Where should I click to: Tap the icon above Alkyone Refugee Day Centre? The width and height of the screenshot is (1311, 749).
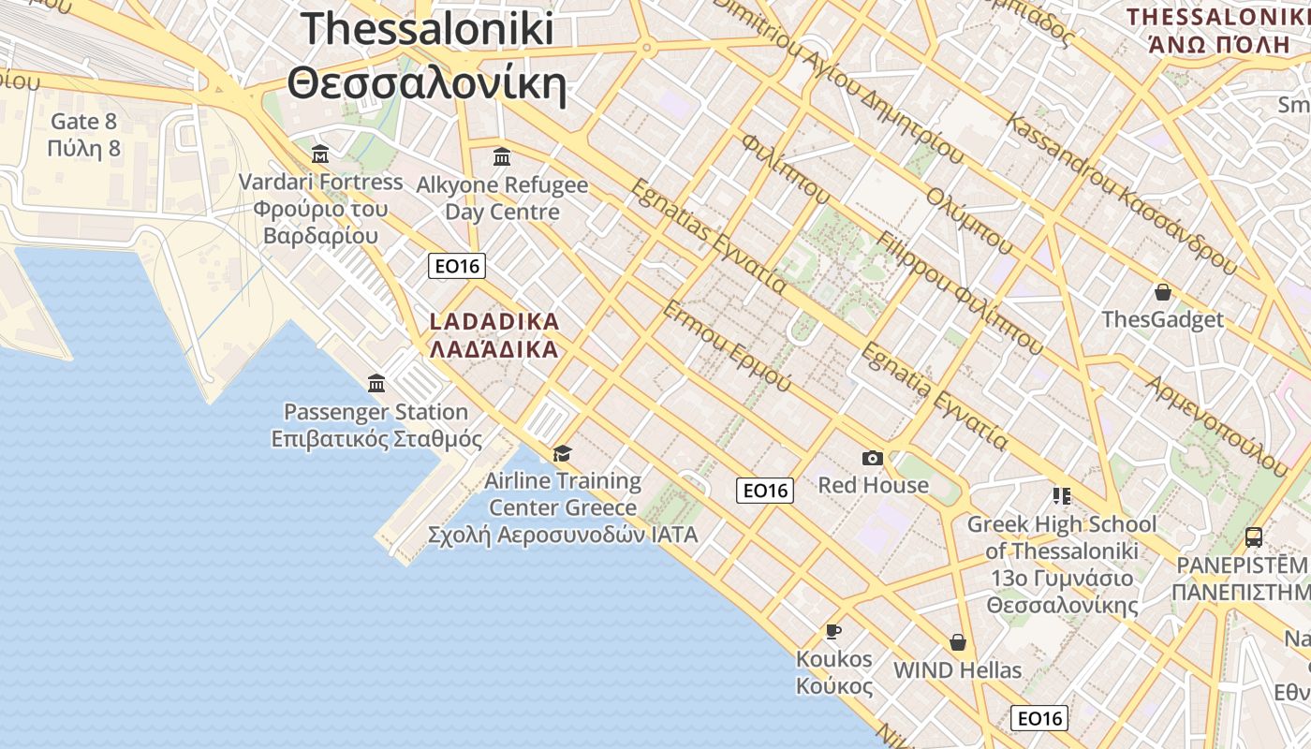(x=502, y=156)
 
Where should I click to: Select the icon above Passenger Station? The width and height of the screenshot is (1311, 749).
(x=376, y=383)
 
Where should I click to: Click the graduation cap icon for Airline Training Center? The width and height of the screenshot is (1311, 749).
(x=562, y=453)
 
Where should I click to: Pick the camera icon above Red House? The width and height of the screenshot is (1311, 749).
(x=873, y=458)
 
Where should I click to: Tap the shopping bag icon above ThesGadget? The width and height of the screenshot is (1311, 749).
(x=1162, y=292)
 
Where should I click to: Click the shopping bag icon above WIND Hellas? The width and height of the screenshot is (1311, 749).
(x=957, y=642)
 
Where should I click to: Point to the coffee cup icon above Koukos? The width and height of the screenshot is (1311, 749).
(x=833, y=631)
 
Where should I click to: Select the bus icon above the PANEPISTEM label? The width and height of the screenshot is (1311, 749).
(x=1253, y=537)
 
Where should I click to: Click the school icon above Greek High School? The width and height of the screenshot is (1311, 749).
(x=1061, y=495)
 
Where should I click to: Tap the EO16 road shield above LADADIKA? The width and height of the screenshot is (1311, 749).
(x=457, y=266)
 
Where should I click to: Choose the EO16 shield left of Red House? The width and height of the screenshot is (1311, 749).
(x=765, y=491)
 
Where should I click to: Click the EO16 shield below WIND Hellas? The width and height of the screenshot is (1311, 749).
(x=1039, y=718)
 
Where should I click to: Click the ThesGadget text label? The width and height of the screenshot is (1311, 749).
(x=1162, y=319)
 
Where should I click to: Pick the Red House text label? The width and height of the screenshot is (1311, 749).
(x=873, y=485)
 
